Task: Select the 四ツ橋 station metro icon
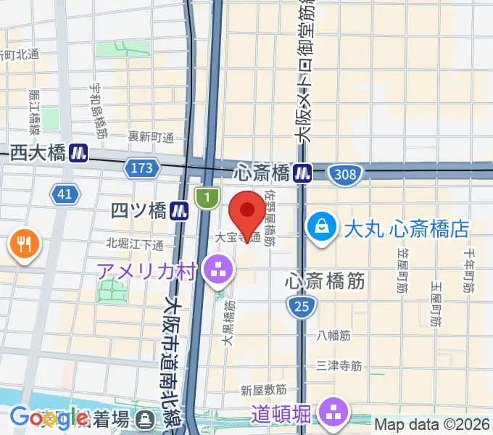click(181, 211)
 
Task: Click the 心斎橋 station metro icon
click(303, 173)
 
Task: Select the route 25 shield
click(302, 307)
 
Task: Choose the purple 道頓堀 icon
click(334, 413)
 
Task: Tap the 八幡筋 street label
click(333, 336)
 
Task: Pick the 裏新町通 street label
click(152, 137)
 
